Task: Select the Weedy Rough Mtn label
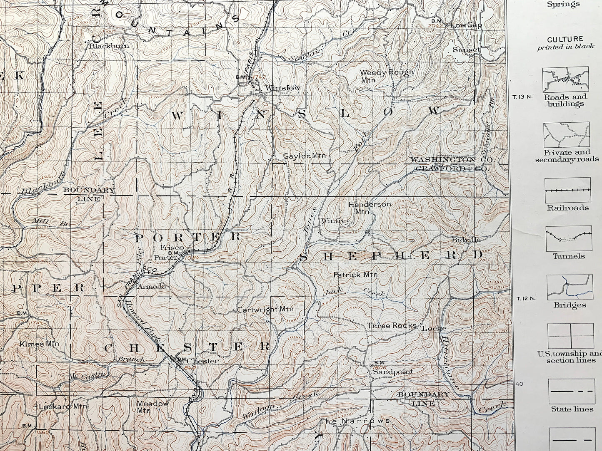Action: pyautogui.click(x=387, y=75)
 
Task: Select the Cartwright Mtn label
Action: pyautogui.click(x=265, y=309)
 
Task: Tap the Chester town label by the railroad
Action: pyautogui.click(x=202, y=361)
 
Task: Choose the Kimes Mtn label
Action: pyautogui.click(x=39, y=344)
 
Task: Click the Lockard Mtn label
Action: pyautogui.click(x=62, y=406)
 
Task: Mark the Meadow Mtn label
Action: pyautogui.click(x=152, y=406)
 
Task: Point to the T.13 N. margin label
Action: pyautogui.click(x=522, y=97)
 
